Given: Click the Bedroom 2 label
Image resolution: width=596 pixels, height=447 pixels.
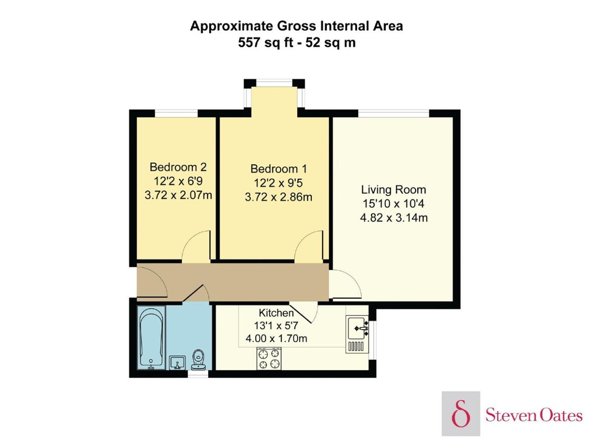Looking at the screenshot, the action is click(x=178, y=167).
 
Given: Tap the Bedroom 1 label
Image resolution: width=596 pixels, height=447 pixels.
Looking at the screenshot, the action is click(x=278, y=169).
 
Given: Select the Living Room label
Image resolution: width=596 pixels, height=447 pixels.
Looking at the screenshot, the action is click(x=393, y=190).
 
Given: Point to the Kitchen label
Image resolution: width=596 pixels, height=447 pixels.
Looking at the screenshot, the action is click(x=276, y=313).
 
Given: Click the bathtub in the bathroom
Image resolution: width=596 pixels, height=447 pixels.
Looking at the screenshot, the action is click(x=151, y=337).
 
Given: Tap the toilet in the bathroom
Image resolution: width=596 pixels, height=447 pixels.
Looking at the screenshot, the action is click(x=198, y=360).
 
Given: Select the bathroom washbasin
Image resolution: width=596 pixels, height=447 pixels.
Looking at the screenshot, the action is click(x=177, y=363).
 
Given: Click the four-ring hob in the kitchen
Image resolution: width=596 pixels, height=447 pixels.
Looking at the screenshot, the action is click(x=269, y=358).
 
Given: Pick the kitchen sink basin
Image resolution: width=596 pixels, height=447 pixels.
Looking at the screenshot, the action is click(x=356, y=328).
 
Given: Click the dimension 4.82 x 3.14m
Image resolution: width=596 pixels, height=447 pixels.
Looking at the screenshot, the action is click(x=394, y=218).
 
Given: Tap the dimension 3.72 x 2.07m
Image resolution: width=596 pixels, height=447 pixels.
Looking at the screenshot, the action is click(x=178, y=195).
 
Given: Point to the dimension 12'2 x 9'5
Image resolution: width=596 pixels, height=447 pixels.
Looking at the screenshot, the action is click(x=278, y=183).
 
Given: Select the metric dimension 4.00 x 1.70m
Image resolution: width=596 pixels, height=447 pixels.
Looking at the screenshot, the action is click(x=276, y=338).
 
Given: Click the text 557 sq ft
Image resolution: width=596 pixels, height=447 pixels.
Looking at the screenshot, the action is click(x=266, y=43).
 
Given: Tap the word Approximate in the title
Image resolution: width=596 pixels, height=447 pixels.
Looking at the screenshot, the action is click(x=232, y=26).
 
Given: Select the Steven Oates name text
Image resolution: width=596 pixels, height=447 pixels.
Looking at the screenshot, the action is click(x=534, y=415).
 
